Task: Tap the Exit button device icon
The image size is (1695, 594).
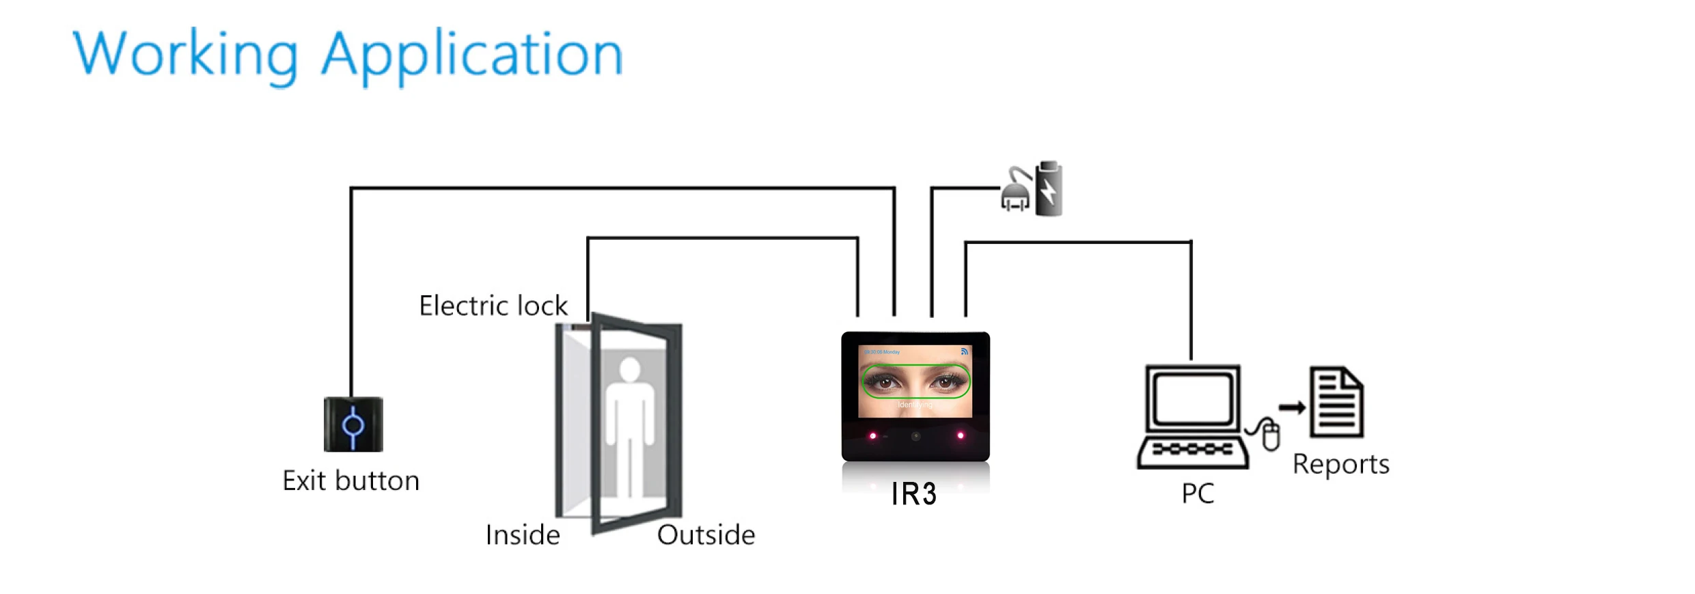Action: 353,424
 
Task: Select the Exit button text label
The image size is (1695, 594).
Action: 350,481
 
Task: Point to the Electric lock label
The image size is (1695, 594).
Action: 493,306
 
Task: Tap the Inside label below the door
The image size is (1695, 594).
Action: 523,535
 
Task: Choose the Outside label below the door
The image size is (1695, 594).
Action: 706,535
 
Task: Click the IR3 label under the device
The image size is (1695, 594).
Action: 913,494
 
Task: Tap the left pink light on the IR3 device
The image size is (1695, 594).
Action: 872,436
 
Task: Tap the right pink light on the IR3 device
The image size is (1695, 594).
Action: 961,435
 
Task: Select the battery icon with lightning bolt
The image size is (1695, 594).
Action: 1049,189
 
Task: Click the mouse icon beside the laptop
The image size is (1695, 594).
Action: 1270,435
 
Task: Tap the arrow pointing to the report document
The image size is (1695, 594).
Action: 1291,408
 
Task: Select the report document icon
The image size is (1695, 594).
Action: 1336,402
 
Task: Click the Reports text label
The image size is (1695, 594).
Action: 1340,465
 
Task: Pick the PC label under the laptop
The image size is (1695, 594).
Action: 1198,494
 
